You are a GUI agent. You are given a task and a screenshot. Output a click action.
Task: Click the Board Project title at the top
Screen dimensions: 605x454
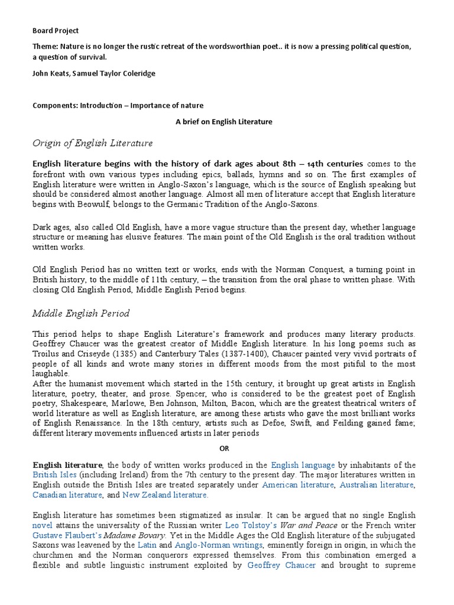click(x=55, y=31)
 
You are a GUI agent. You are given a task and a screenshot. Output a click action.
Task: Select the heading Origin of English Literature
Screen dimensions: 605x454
click(x=93, y=143)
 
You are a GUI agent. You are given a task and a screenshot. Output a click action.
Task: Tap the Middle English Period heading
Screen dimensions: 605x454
click(x=81, y=313)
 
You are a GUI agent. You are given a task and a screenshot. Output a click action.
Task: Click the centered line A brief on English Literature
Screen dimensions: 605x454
click(x=224, y=122)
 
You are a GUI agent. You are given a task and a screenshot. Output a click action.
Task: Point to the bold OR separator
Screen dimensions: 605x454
click(x=224, y=448)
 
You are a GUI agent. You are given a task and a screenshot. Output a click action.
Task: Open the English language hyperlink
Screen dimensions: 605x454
click(x=303, y=466)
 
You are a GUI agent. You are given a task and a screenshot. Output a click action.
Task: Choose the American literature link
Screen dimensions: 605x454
click(x=298, y=484)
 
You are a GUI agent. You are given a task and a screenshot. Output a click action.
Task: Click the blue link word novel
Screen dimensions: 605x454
click(x=43, y=525)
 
